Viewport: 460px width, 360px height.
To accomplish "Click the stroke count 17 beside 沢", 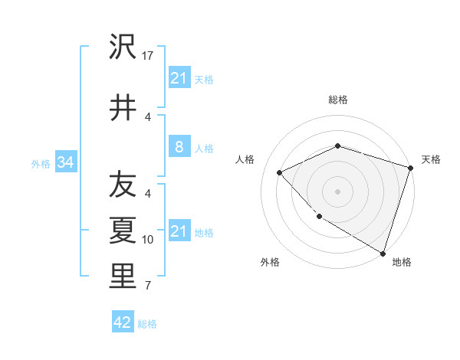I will pyautogui.click(x=148, y=55).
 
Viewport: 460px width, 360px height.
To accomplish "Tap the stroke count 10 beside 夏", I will pyautogui.click(x=148, y=240).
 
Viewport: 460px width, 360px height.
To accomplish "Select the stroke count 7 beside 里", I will pyautogui.click(x=148, y=286).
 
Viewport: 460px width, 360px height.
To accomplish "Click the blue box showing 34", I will pyautogui.click(x=65, y=162).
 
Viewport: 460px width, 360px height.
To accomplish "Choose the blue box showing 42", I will pyautogui.click(x=123, y=322).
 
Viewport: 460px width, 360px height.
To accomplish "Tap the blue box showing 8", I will pyautogui.click(x=179, y=146).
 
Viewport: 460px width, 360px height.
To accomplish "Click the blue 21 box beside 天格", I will pyautogui.click(x=179, y=77).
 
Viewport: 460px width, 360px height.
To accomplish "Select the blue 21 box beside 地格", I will pyautogui.click(x=179, y=231).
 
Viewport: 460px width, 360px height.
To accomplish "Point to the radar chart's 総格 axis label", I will pyautogui.click(x=338, y=100).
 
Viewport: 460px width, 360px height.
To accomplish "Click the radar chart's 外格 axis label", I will pyautogui.click(x=270, y=262).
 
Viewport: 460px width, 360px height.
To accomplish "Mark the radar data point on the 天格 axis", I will pyautogui.click(x=410, y=168).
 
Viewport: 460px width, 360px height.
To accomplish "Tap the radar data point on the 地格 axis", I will pyautogui.click(x=383, y=252).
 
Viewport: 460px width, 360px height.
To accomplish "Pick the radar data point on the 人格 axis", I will pyautogui.click(x=280, y=172).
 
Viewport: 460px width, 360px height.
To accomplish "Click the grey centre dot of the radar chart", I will pyautogui.click(x=338, y=191).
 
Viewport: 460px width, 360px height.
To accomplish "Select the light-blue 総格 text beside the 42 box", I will pyautogui.click(x=147, y=323).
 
